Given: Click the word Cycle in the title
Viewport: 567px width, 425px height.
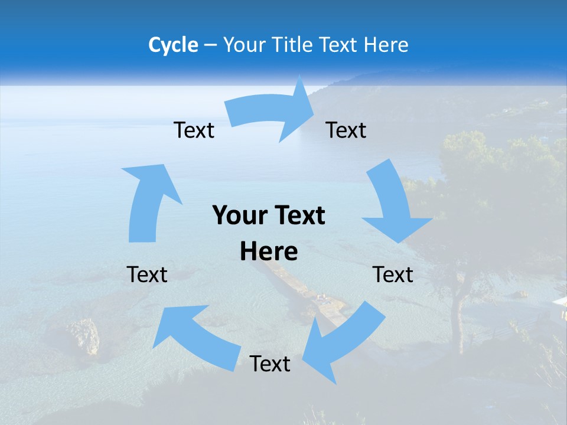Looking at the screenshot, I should pos(173,45).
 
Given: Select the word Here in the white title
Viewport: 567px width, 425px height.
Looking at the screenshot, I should pos(386,45).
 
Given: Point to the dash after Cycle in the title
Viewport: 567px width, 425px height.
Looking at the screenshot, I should pos(210,45).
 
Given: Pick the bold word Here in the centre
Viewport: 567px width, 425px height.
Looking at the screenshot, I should pos(269,251).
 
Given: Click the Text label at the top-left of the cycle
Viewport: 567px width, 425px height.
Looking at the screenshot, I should pos(194,130).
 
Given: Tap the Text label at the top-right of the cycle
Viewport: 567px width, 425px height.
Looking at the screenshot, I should pos(346,130).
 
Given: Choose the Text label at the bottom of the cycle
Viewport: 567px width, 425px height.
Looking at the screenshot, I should pos(270,364).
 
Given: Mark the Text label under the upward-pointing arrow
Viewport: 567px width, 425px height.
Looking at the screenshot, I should pos(147,275).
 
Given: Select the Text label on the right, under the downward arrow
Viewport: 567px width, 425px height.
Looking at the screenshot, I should pos(393,275).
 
